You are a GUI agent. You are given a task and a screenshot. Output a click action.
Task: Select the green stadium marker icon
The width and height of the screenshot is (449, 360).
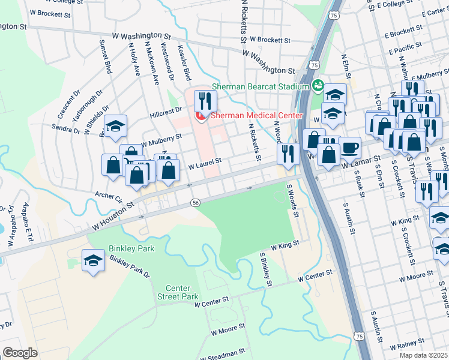tap(318, 86)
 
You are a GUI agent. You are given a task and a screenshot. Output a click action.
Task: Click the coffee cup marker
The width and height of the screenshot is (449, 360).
tap(349, 147)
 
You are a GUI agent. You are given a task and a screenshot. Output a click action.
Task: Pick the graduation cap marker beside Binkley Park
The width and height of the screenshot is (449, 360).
tap(93, 261)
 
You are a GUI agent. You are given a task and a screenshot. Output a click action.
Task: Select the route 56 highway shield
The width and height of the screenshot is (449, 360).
tap(196, 203)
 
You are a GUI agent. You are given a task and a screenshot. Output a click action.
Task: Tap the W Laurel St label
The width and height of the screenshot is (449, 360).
tap(205, 160)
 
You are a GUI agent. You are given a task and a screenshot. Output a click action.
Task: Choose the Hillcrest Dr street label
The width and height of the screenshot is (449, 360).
tap(166, 111)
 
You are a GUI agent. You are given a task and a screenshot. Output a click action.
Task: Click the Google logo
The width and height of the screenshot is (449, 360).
tap(20, 353)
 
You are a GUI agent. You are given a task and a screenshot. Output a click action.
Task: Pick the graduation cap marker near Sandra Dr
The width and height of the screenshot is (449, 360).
tap(115, 127)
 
